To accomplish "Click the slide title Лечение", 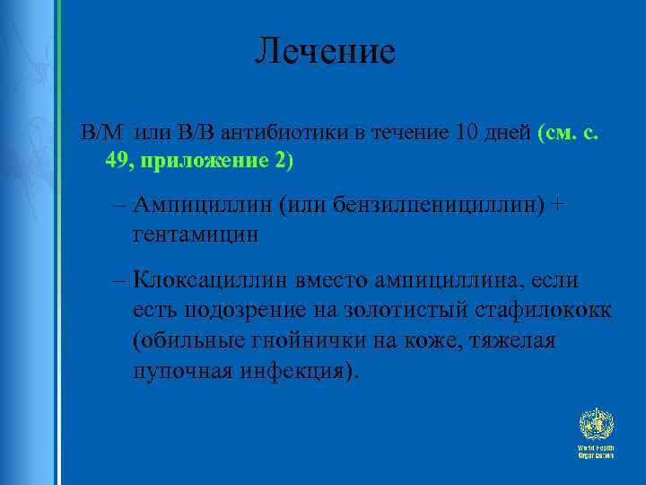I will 324,51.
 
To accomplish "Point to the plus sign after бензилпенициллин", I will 560,206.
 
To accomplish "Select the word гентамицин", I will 195,234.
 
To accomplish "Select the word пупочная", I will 179,369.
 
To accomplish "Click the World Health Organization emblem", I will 595,426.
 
